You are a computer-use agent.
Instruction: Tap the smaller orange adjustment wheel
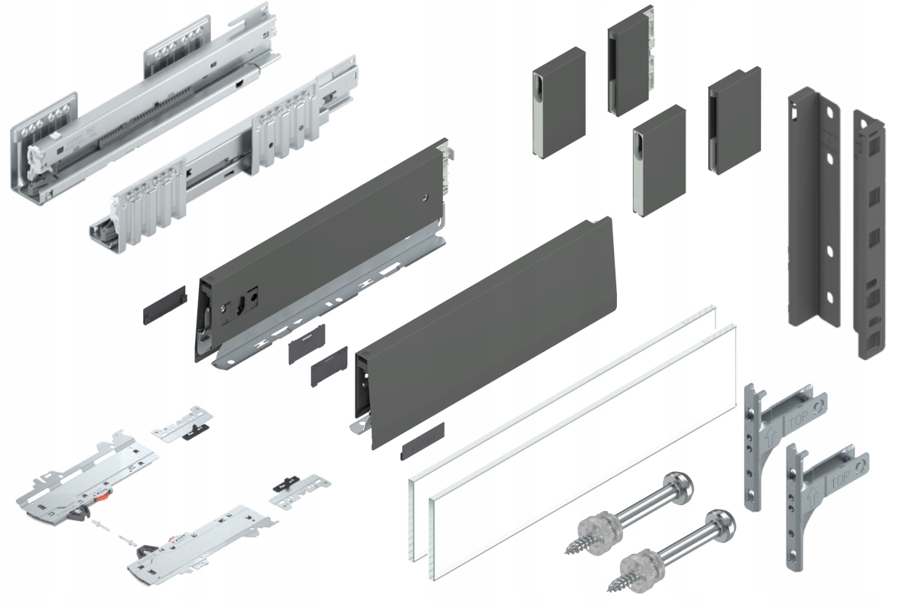pyautogui.click(x=173, y=538)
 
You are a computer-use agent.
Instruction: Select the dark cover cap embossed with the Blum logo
pyautogui.click(x=423, y=441)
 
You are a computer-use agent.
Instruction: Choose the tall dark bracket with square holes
pyautogui.click(x=869, y=234)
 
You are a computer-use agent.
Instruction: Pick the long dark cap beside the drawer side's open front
pyautogui.click(x=165, y=305)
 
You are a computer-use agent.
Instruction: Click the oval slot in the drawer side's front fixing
pyautogui.click(x=241, y=304)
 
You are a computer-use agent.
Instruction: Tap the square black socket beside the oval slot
pyautogui.click(x=253, y=296)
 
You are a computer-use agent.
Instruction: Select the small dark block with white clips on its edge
pyautogui.click(x=631, y=60)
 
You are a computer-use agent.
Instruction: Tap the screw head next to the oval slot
pyautogui.click(x=224, y=308)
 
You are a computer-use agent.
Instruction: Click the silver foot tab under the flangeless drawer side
pyautogui.click(x=360, y=425)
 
